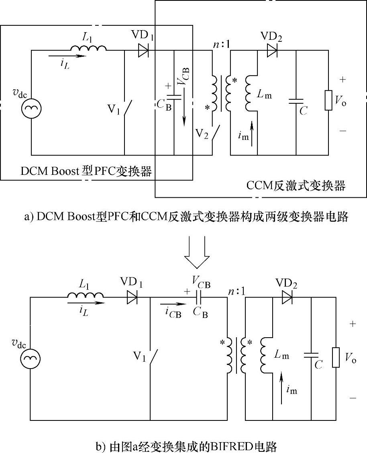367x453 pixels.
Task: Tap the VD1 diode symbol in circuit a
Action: pyautogui.click(x=143, y=51)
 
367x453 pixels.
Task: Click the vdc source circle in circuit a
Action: pyautogui.click(x=31, y=108)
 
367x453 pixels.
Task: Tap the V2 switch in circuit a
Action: pyautogui.click(x=215, y=131)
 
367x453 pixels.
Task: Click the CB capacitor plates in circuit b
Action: pyautogui.click(x=198, y=298)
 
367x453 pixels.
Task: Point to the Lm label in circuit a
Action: pyautogui.click(x=264, y=96)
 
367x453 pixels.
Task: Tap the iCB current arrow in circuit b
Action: pyautogui.click(x=171, y=304)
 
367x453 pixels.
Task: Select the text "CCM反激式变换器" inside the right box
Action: pyautogui.click(x=296, y=186)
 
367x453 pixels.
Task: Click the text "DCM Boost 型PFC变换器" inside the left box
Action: pyautogui.click(x=86, y=172)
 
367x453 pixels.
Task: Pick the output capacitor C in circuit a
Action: pyautogui.click(x=296, y=102)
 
